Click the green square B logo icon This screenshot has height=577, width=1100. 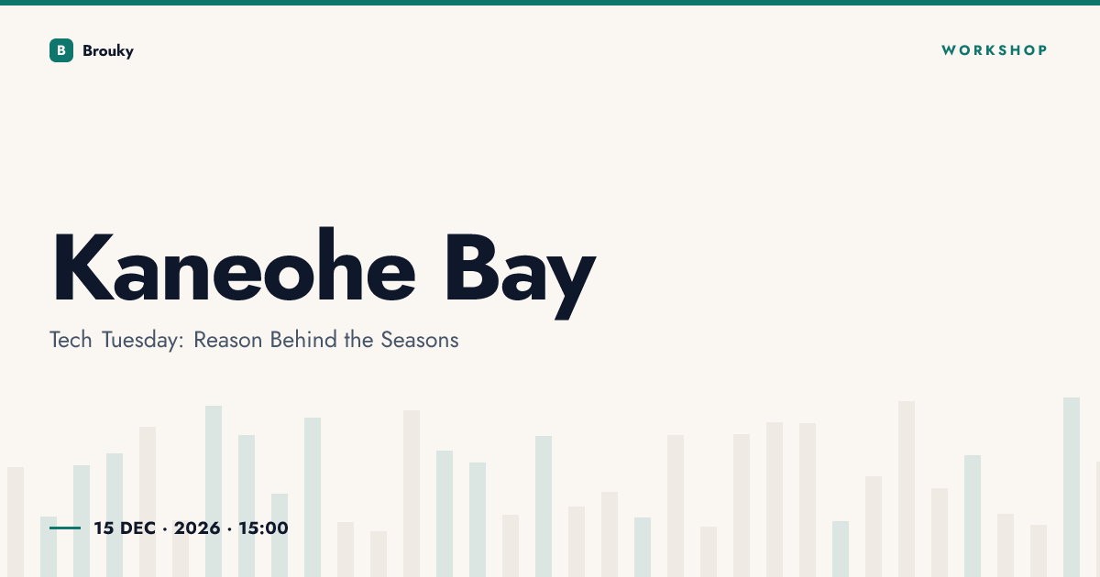(61, 50)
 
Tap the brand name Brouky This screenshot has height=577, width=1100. (108, 51)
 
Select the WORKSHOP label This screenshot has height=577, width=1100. (995, 50)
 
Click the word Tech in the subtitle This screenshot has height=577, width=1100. (71, 340)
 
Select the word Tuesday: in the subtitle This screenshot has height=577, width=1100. (142, 341)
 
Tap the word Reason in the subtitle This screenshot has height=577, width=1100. (228, 340)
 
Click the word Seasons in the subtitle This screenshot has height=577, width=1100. (420, 340)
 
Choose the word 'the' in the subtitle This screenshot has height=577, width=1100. (358, 340)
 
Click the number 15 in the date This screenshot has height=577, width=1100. (104, 528)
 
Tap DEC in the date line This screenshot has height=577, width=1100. (138, 528)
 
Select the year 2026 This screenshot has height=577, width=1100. (197, 528)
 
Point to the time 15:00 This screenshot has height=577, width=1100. (263, 528)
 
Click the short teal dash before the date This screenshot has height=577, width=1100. (65, 528)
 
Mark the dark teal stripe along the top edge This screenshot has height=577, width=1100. (550, 3)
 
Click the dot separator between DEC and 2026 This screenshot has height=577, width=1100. (165, 528)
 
